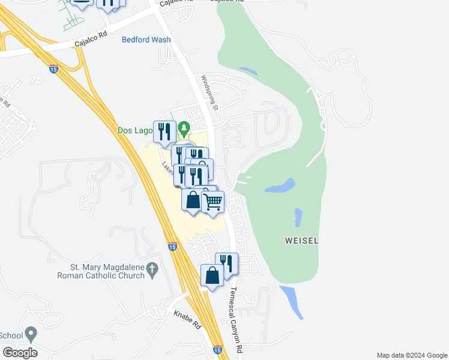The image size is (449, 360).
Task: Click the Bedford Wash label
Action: click(x=146, y=40)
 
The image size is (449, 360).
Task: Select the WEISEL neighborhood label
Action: click(x=301, y=241)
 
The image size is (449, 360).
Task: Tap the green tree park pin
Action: click(x=184, y=128)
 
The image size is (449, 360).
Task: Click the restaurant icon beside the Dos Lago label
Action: click(x=164, y=132)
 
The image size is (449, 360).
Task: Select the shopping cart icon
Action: click(x=212, y=202)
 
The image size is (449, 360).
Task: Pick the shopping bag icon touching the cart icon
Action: click(x=193, y=200)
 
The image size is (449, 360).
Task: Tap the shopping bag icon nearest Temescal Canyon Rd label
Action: click(x=212, y=275)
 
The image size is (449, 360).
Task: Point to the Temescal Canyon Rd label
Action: click(x=236, y=318)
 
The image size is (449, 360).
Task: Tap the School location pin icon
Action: click(x=32, y=334)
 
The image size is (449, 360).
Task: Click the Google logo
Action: click(x=20, y=353)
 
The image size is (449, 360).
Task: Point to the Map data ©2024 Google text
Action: click(x=411, y=355)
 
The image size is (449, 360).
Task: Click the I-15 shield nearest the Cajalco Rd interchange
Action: click(x=54, y=69)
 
